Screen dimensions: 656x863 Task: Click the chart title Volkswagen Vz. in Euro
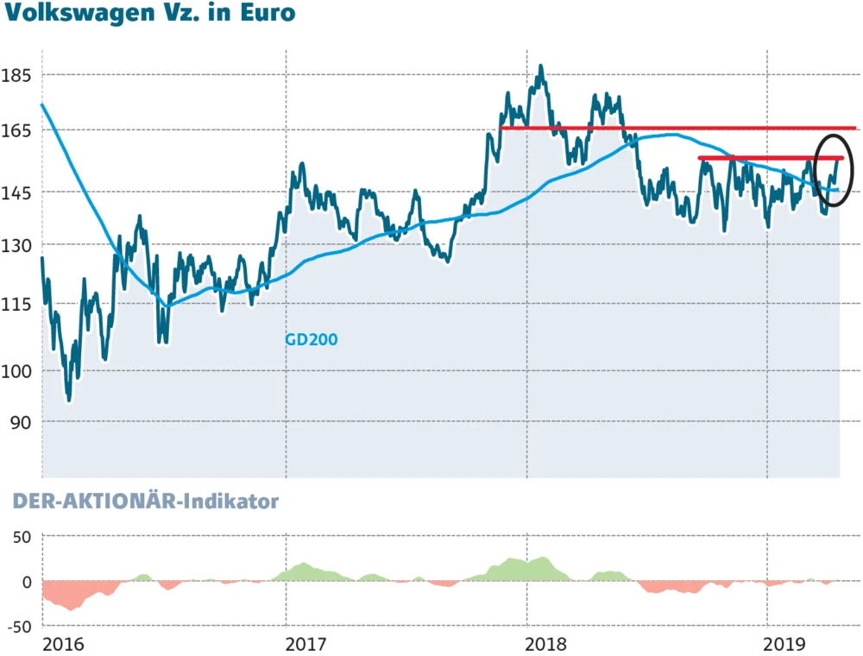click(148, 14)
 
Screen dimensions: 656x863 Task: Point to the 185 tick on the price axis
click(17, 76)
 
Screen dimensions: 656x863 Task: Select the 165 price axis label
click(17, 131)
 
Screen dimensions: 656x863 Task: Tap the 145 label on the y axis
click(17, 192)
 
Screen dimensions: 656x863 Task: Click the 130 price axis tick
click(17, 245)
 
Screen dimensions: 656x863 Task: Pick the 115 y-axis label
click(17, 304)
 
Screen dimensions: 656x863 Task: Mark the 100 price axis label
click(17, 371)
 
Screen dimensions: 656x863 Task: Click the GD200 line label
click(311, 340)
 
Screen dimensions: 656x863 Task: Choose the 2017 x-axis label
click(305, 644)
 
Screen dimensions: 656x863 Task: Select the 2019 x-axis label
click(785, 644)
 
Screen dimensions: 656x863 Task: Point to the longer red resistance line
click(677, 129)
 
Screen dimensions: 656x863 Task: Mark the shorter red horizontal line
click(759, 158)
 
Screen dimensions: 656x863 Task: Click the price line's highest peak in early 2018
click(540, 66)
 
